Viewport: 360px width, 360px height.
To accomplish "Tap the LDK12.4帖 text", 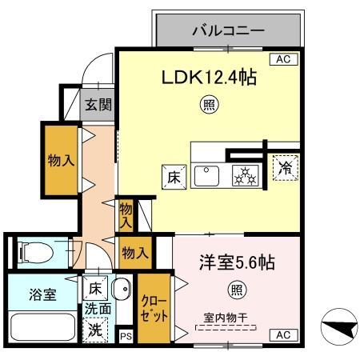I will point(210,78).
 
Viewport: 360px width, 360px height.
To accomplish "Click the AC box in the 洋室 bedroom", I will point(282,334).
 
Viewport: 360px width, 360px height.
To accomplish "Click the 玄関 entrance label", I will point(98,103).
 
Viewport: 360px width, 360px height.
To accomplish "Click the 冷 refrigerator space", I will point(283,168).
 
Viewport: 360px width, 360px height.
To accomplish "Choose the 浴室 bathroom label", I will point(38,294).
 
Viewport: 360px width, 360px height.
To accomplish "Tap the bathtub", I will point(39,329).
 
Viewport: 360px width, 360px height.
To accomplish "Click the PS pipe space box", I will point(126,337).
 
